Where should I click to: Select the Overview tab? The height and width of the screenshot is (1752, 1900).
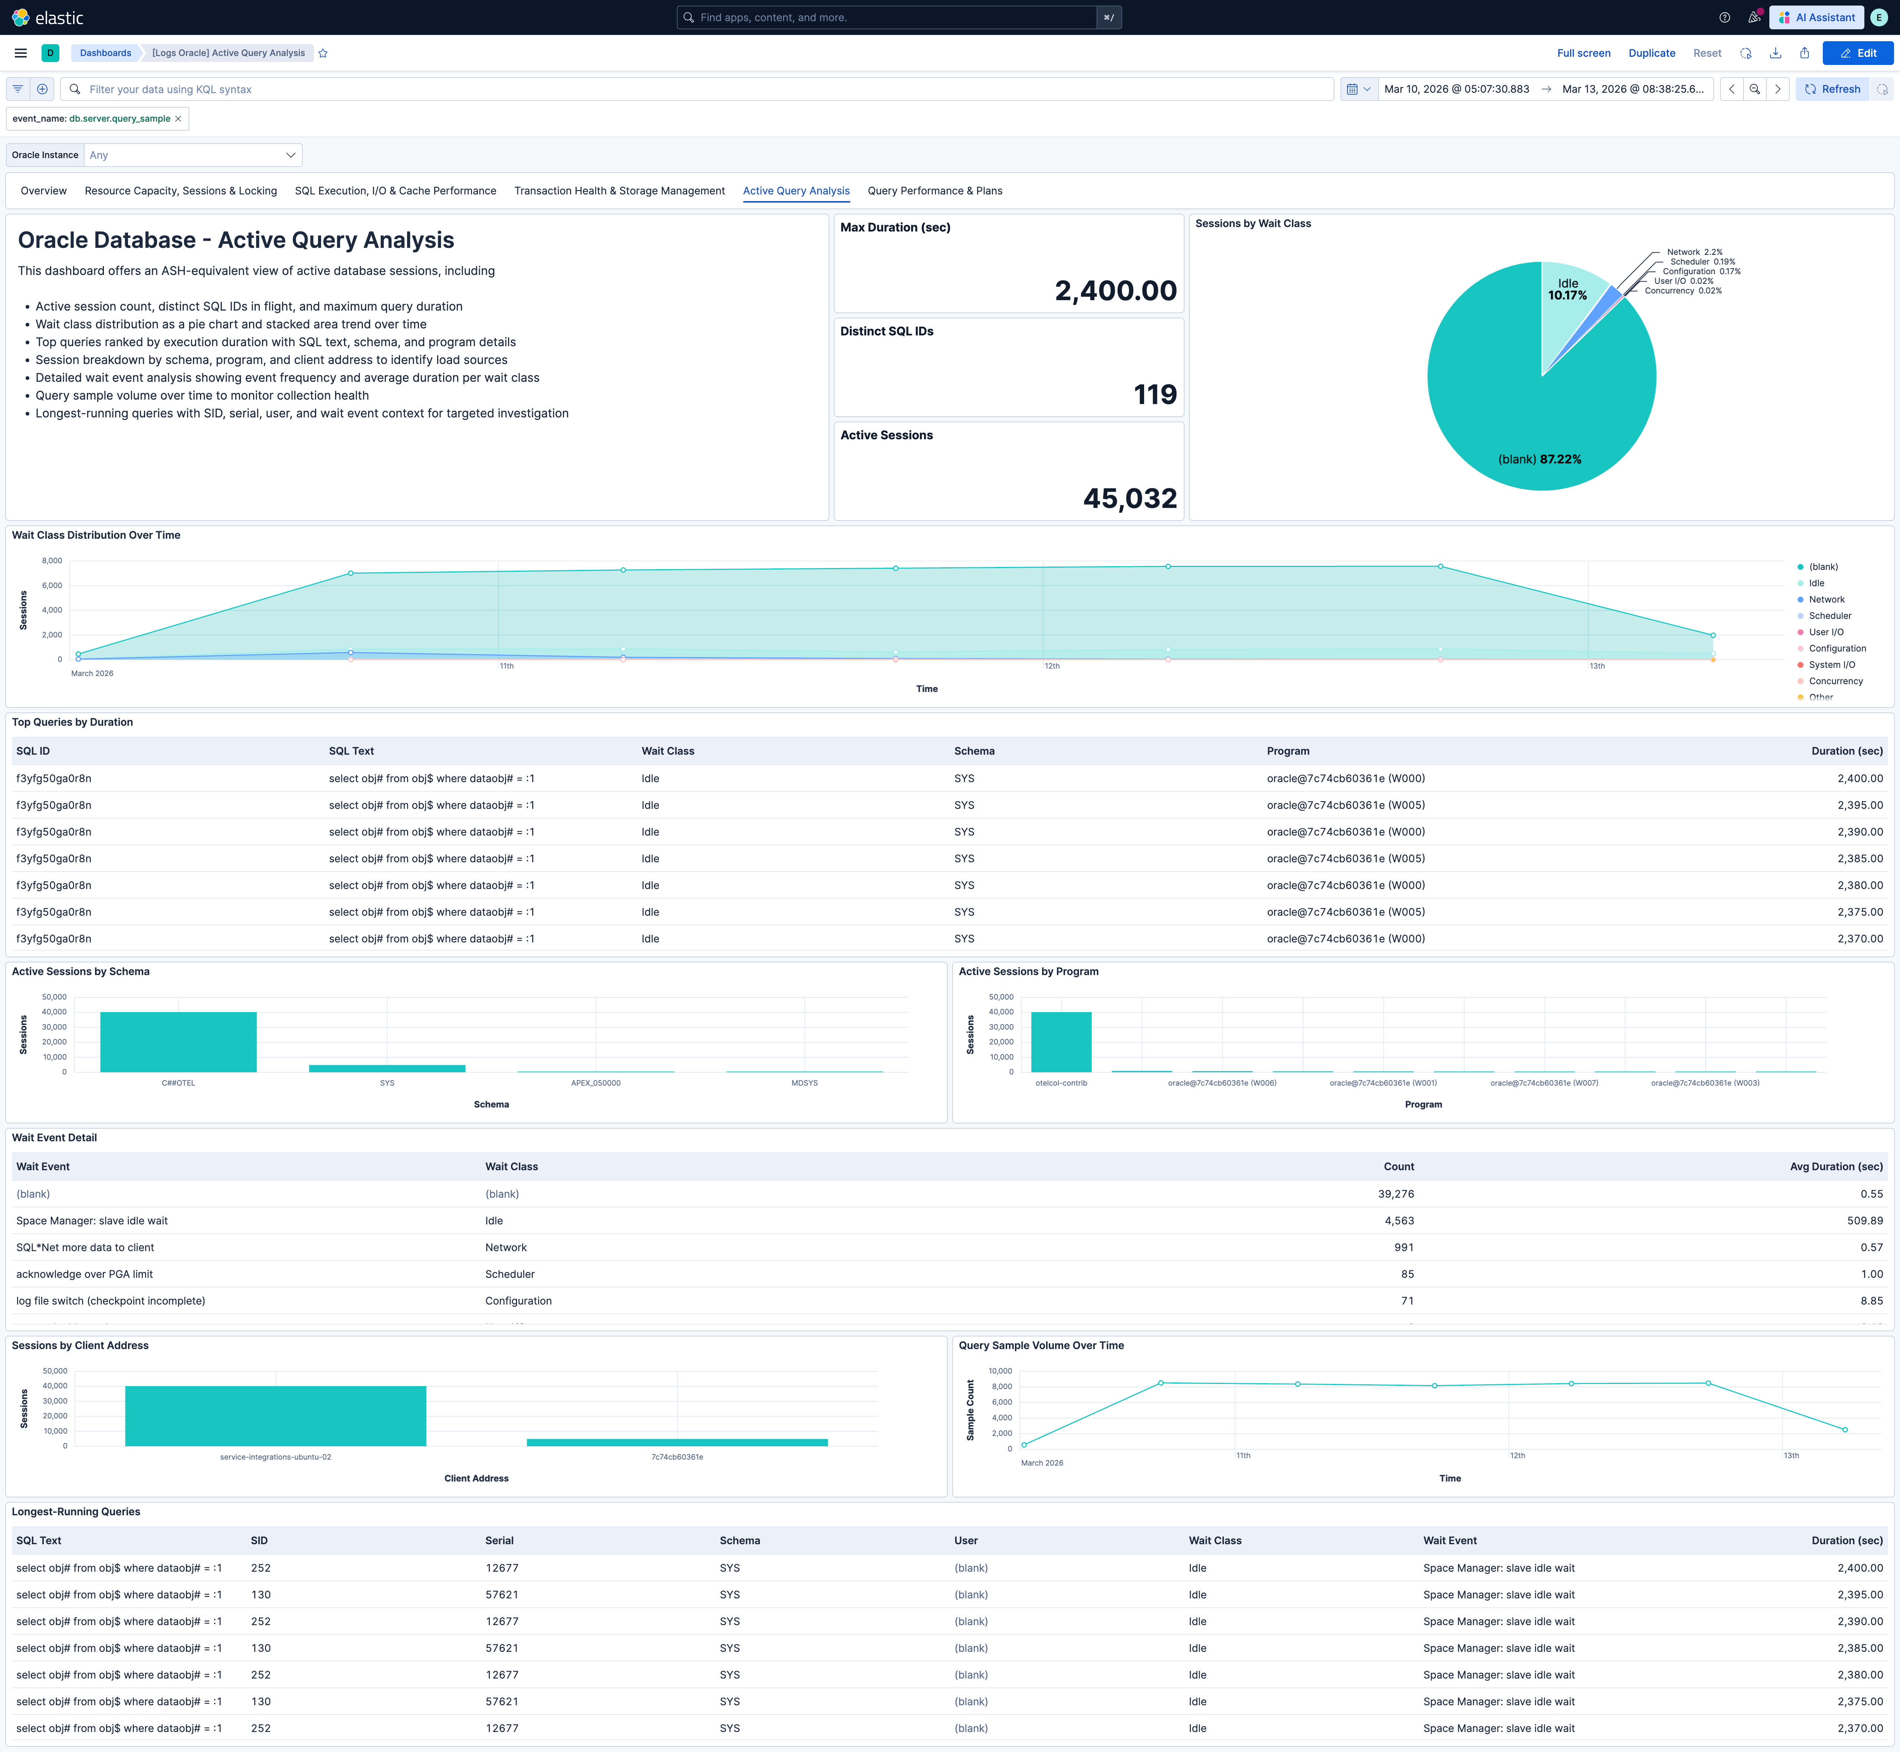pyautogui.click(x=44, y=191)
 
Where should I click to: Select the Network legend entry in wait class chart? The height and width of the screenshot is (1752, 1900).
pyautogui.click(x=1826, y=599)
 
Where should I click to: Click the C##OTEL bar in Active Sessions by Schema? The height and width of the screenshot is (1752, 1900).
pyautogui.click(x=178, y=1042)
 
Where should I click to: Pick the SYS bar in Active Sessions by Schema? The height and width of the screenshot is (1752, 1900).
pyautogui.click(x=387, y=1069)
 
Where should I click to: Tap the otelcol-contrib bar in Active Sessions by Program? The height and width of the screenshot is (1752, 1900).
pyautogui.click(x=1061, y=1042)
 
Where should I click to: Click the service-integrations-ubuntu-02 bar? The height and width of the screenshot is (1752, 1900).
pyautogui.click(x=275, y=1415)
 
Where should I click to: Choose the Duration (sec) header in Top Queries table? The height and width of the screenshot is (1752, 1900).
pyautogui.click(x=1846, y=751)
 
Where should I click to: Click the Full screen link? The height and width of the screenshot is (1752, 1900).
pyautogui.click(x=1583, y=53)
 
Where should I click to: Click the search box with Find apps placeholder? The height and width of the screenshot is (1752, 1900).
pyautogui.click(x=891, y=17)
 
